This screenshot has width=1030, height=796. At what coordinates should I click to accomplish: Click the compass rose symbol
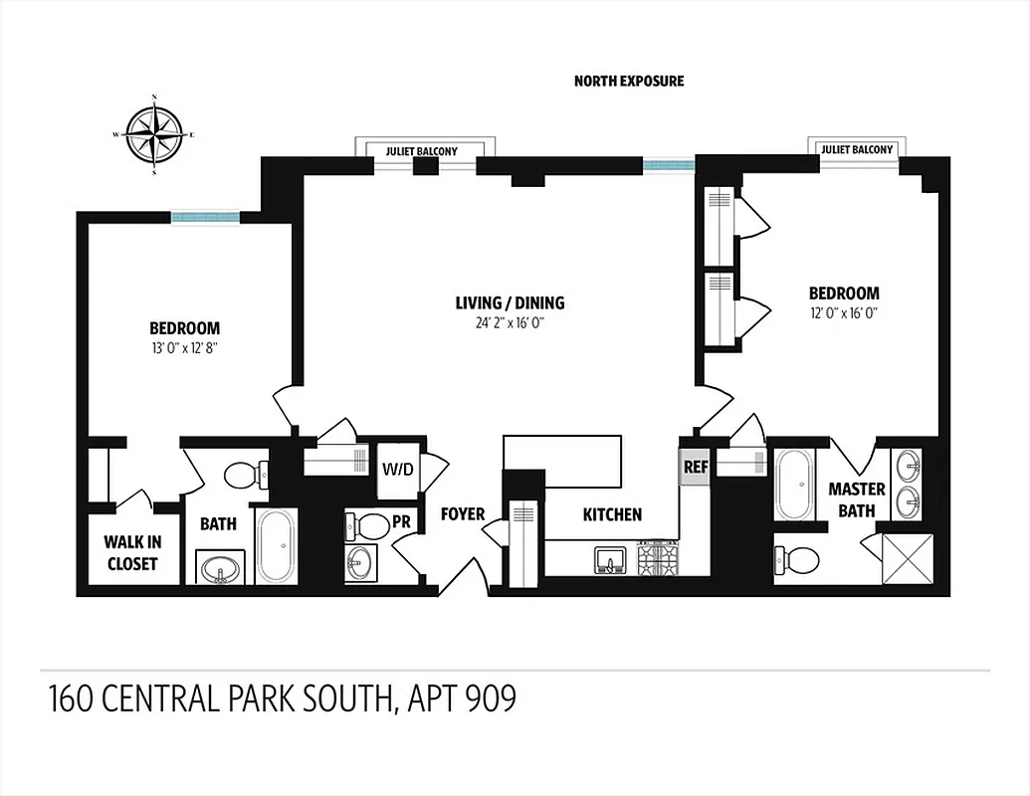point(154,134)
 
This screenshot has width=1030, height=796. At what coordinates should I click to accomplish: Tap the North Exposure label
point(629,81)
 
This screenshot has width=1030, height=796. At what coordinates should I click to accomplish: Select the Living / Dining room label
point(510,302)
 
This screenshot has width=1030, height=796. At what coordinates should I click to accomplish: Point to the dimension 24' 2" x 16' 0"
point(510,322)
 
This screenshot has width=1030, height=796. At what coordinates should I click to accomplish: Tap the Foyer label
point(463,514)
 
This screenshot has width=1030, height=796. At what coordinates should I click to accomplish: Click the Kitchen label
point(612,514)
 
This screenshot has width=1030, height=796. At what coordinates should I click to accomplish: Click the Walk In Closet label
point(131,553)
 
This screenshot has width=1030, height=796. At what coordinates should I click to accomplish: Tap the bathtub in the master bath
point(795,485)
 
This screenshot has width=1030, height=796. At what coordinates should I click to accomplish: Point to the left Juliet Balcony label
point(422,151)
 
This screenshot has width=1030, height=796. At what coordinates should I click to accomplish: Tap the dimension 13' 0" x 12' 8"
point(184,347)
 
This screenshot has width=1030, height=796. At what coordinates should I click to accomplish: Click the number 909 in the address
point(488,698)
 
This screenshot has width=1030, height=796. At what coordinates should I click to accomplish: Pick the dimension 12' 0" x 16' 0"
point(843,312)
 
